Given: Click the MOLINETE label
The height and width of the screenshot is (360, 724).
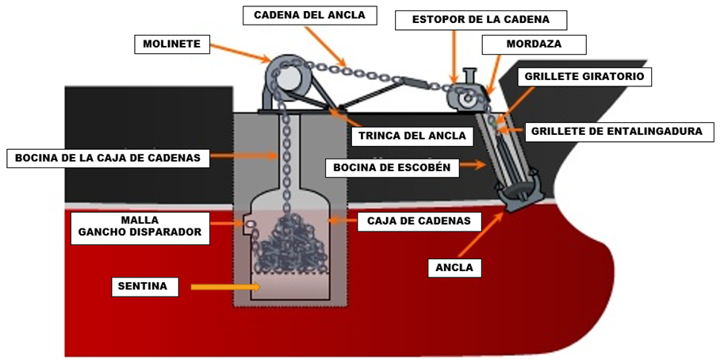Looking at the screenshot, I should click(x=172, y=44).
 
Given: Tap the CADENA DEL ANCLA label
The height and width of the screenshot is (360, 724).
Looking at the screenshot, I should click(x=309, y=15).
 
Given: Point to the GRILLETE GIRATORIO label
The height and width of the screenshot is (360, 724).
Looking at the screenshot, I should click(x=586, y=77).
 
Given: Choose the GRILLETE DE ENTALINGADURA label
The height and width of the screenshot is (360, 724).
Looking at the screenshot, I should click(x=617, y=131).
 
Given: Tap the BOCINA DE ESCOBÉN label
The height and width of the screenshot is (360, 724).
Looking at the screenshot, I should click(x=392, y=167).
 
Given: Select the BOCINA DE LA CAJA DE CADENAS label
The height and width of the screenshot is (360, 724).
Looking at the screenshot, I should click(x=109, y=158).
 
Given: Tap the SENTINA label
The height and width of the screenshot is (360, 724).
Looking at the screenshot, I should click(x=143, y=286).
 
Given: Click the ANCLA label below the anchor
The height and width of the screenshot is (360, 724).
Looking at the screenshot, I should click(x=454, y=267).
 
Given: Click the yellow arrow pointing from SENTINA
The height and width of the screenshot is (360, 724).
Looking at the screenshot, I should click(x=224, y=286).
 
